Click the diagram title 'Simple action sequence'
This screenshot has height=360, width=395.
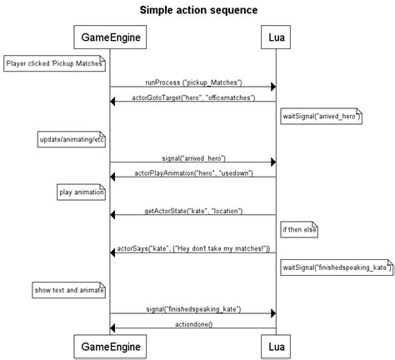click(198, 10)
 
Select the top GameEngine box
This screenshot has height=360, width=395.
click(110, 37)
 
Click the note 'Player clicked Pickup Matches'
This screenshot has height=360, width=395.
click(54, 62)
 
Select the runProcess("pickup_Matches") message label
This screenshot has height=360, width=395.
click(193, 82)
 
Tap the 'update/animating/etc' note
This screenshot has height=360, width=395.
click(71, 138)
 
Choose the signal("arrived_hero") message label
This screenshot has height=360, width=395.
click(193, 157)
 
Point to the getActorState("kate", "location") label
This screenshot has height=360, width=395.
click(192, 211)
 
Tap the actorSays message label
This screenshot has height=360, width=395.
click(192, 248)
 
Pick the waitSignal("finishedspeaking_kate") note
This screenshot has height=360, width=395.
click(336, 267)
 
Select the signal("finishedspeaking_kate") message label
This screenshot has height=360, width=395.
click(193, 309)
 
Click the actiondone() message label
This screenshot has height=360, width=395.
click(192, 324)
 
